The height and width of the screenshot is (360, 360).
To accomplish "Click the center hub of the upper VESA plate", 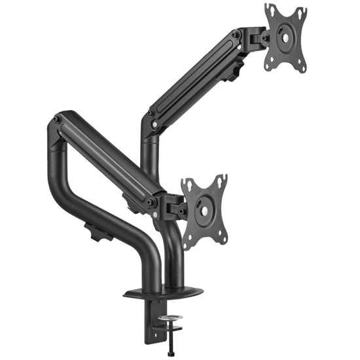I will pos(285,37).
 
